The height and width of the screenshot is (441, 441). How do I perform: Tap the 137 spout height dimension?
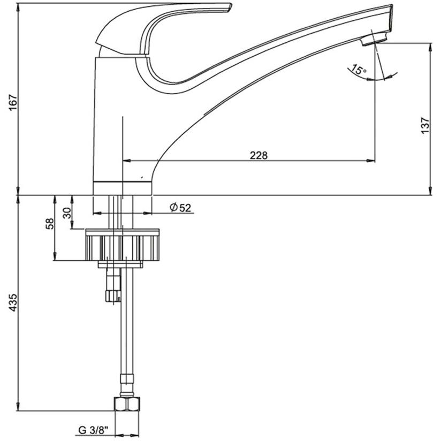tap(425, 125)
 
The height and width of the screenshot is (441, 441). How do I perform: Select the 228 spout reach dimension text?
tap(258, 155)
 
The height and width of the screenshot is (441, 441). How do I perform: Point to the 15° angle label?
tap(359, 70)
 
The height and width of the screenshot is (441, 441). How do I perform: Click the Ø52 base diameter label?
tap(180, 208)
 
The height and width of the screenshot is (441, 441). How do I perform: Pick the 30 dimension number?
tap(67, 213)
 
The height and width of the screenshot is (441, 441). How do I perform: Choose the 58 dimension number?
tap(49, 224)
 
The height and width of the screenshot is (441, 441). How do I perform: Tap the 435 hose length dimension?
tap(13, 302)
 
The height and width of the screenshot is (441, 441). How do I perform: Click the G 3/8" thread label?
tap(93, 430)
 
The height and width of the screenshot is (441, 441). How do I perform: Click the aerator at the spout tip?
tap(374, 38)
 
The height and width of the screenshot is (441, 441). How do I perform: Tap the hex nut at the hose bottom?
tap(127, 404)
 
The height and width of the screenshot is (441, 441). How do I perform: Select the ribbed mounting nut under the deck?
tap(123, 245)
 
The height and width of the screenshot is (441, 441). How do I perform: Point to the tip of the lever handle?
tap(231, 5)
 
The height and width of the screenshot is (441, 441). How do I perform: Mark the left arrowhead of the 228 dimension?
tap(126, 161)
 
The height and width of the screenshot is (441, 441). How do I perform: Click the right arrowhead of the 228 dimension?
tap(371, 161)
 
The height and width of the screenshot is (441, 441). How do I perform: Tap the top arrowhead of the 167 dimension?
tap(19, 7)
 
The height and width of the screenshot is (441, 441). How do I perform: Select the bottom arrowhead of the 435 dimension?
tap(19, 407)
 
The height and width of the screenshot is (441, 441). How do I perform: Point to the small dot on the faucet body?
tap(142, 178)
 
